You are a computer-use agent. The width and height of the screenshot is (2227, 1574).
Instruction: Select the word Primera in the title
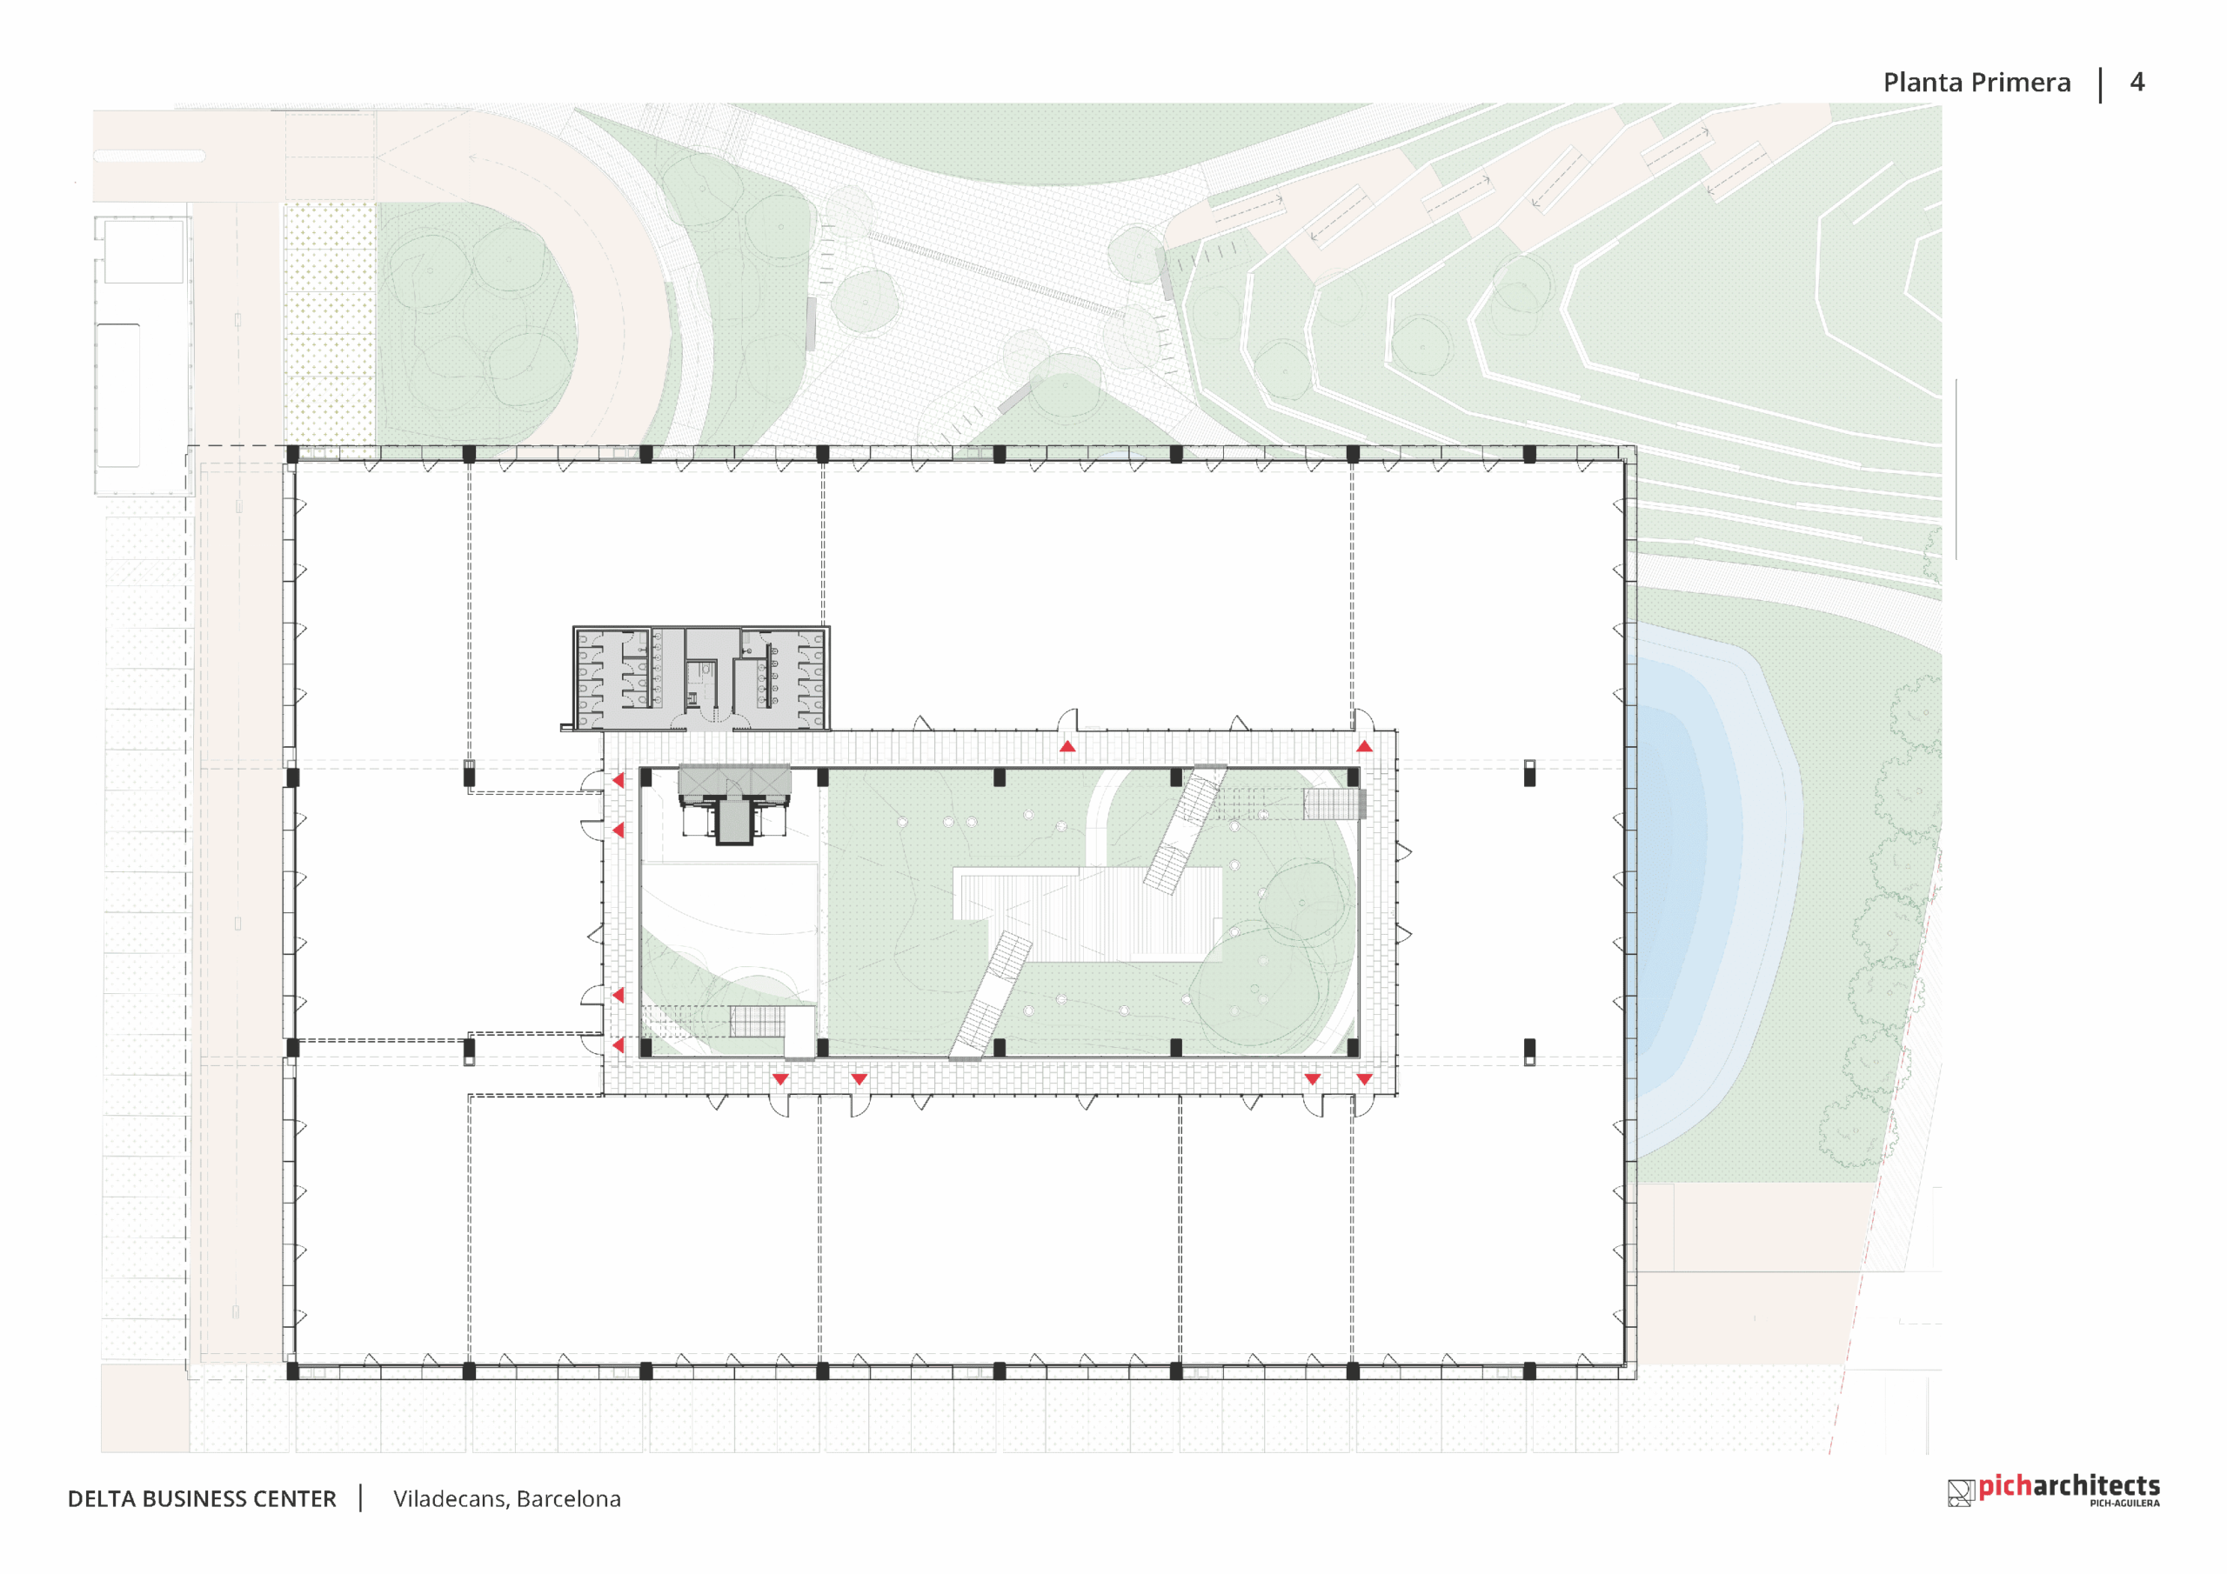click(2022, 83)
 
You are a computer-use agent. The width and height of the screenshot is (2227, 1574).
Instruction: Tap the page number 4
click(2137, 82)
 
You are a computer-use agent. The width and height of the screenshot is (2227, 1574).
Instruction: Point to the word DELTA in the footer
click(101, 1498)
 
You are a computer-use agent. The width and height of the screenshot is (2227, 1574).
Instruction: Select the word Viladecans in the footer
click(450, 1498)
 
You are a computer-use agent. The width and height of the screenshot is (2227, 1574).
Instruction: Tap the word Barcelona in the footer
click(568, 1498)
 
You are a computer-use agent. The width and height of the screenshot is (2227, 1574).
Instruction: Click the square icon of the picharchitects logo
click(1960, 1492)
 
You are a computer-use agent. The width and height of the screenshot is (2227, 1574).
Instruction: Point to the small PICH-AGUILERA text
click(2124, 1504)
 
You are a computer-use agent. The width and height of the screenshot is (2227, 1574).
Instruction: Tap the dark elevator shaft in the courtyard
click(734, 820)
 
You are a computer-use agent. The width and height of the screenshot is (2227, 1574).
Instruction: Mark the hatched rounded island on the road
click(150, 155)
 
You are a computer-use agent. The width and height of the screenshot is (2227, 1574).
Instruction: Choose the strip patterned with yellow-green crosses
click(330, 325)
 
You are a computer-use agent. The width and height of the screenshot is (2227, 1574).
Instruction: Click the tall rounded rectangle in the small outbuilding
click(118, 395)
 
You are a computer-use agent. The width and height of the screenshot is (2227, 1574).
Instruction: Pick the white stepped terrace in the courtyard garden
click(1087, 912)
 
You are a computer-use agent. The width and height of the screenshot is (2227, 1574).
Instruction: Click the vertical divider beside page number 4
click(2101, 84)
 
